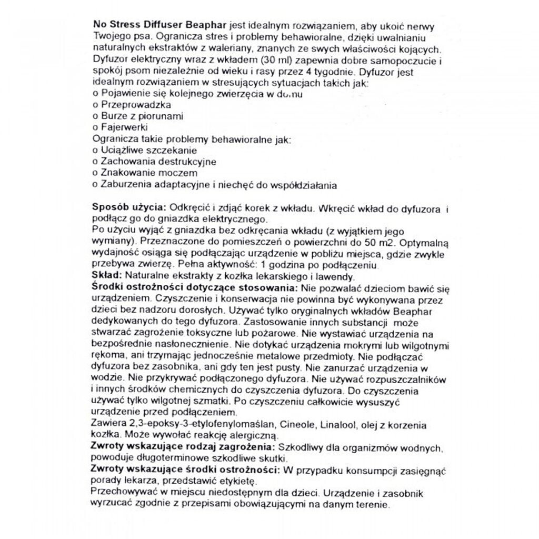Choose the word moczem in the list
[181, 173]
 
